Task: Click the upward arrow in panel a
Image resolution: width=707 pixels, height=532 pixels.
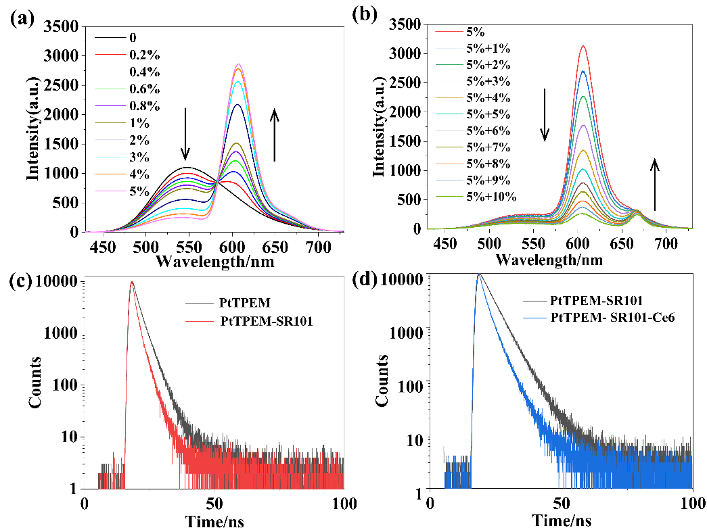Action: (275, 135)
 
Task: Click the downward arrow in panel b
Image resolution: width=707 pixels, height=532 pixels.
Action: (545, 115)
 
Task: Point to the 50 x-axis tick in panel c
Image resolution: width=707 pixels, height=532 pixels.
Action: (214, 503)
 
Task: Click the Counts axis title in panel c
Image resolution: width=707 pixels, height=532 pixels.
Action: (35, 385)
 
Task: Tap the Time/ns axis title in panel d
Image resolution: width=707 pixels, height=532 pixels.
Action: (562, 521)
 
